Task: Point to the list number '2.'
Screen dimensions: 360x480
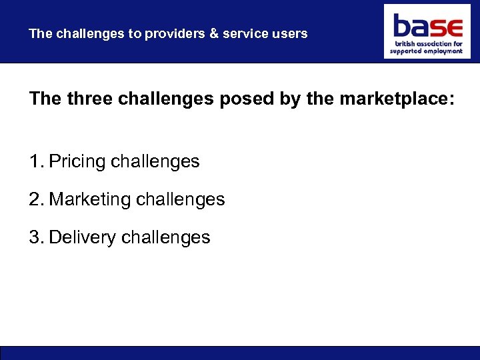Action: point(36,199)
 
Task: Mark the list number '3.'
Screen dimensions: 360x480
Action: point(36,237)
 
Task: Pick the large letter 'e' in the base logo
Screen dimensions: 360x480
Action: point(454,29)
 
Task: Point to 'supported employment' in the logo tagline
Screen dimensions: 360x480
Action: point(426,51)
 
